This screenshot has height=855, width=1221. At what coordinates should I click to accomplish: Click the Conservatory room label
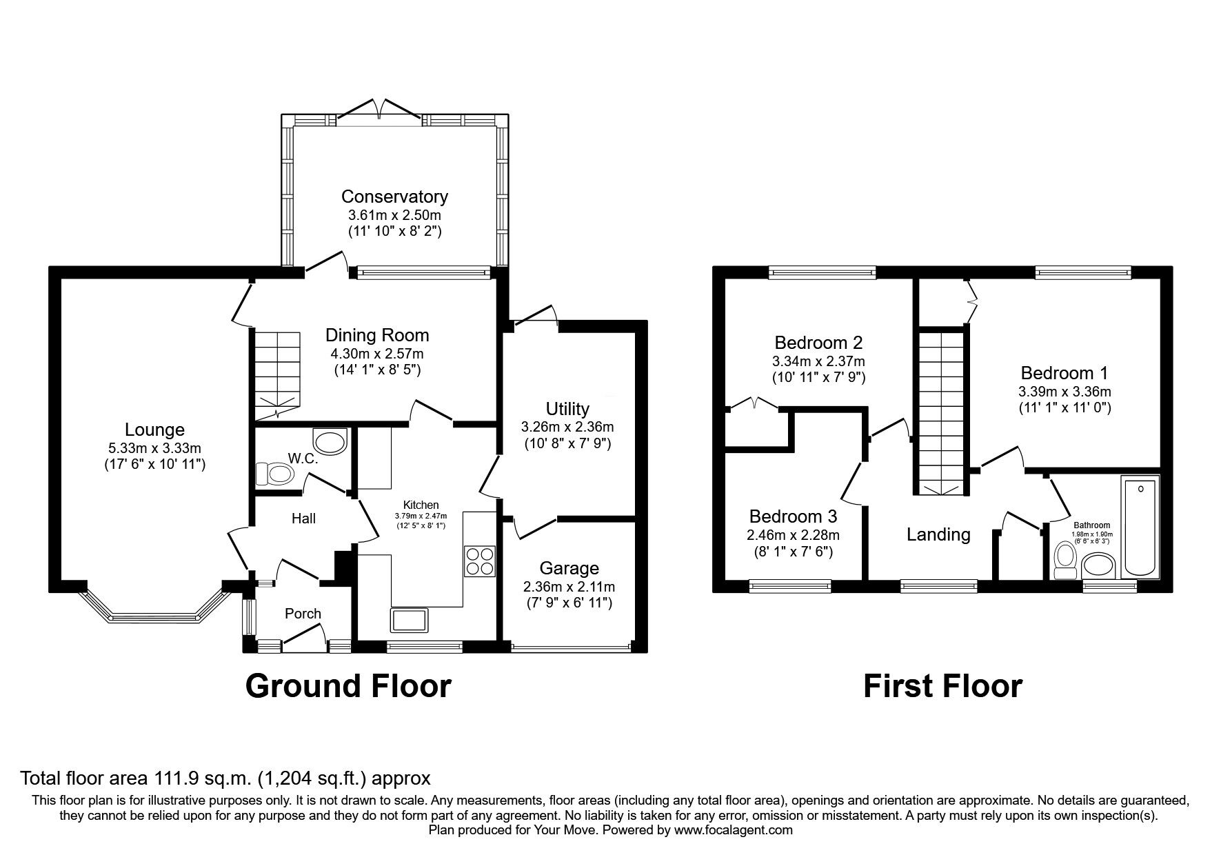coord(394,197)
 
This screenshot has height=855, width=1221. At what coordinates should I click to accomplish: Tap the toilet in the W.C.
coord(274,474)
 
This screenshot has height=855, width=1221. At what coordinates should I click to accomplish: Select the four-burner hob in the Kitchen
coord(480,561)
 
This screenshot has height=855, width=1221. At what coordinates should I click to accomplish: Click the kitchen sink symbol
coord(410,619)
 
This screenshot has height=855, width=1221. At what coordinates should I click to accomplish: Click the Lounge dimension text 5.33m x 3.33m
coord(154,448)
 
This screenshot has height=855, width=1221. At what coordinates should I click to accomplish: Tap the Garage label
coord(569,568)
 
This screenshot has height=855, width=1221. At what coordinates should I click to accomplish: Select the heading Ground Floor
coord(348,686)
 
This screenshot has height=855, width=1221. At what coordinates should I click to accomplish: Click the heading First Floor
coord(942,686)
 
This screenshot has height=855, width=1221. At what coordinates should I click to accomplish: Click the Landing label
coord(938,534)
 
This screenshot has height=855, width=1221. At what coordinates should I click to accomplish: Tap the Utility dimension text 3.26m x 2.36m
coord(567,427)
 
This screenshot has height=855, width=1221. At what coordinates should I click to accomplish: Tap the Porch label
coord(303,614)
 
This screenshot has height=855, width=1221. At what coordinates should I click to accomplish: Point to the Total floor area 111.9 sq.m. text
coord(225,778)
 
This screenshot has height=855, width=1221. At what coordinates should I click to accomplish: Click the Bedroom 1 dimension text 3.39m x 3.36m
coord(1064,391)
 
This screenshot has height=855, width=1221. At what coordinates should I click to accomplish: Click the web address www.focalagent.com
coord(733,830)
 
